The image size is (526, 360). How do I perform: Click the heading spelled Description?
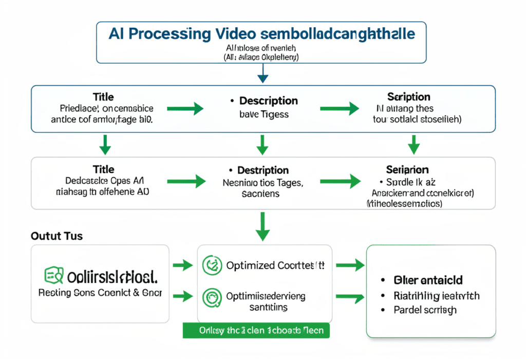(268, 100)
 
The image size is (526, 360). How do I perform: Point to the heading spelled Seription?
(409, 97)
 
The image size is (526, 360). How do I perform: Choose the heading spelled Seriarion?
(407, 169)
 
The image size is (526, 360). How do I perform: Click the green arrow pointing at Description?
(192, 108)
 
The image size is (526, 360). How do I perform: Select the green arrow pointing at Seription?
(339, 108)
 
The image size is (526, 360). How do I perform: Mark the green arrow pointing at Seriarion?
(339, 181)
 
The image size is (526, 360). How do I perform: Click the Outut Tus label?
(57, 236)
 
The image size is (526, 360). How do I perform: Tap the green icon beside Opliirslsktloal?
(53, 276)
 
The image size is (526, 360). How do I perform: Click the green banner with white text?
(256, 330)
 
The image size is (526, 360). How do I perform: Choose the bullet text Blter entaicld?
(428, 280)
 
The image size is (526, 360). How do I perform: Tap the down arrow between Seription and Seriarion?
(414, 144)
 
